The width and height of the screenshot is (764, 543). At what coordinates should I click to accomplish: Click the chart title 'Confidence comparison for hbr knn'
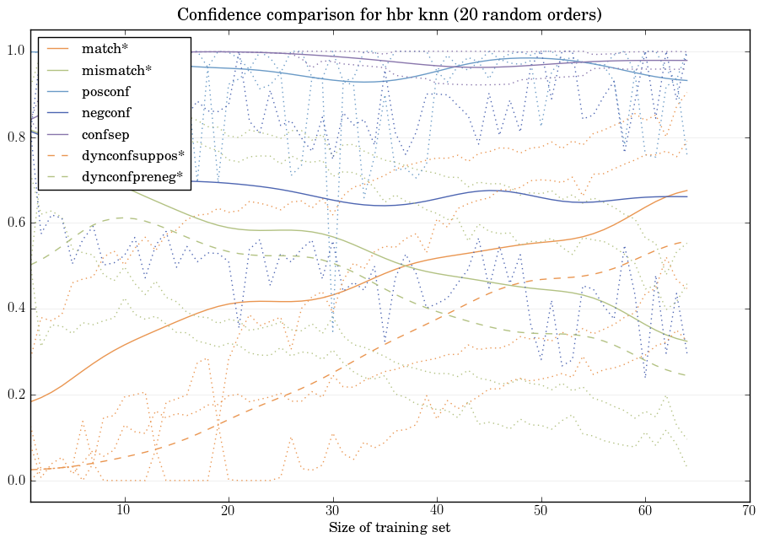tap(389, 15)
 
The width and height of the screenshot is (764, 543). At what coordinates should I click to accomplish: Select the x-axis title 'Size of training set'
tap(389, 528)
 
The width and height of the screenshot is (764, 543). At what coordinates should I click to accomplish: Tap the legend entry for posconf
tap(106, 91)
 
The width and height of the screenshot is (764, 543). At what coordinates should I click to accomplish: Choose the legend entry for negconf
tap(106, 112)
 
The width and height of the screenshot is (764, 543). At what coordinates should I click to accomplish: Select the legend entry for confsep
tap(105, 133)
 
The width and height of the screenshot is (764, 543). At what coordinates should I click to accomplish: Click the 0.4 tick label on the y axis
tap(16, 309)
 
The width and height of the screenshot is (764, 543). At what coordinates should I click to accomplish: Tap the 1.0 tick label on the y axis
tap(16, 51)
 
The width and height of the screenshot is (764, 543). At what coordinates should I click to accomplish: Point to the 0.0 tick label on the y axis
tap(16, 481)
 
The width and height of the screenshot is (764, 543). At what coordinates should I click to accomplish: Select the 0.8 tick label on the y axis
tap(16, 137)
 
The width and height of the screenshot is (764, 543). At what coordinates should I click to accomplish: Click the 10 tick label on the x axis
tap(124, 511)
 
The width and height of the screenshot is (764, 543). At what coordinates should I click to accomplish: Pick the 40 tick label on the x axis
tap(437, 511)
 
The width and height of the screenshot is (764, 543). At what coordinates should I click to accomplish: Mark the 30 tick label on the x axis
tap(332, 511)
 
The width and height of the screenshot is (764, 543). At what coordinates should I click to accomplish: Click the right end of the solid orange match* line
tap(687, 191)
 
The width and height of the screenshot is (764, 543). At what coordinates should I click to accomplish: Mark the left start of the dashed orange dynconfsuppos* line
tap(30, 470)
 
